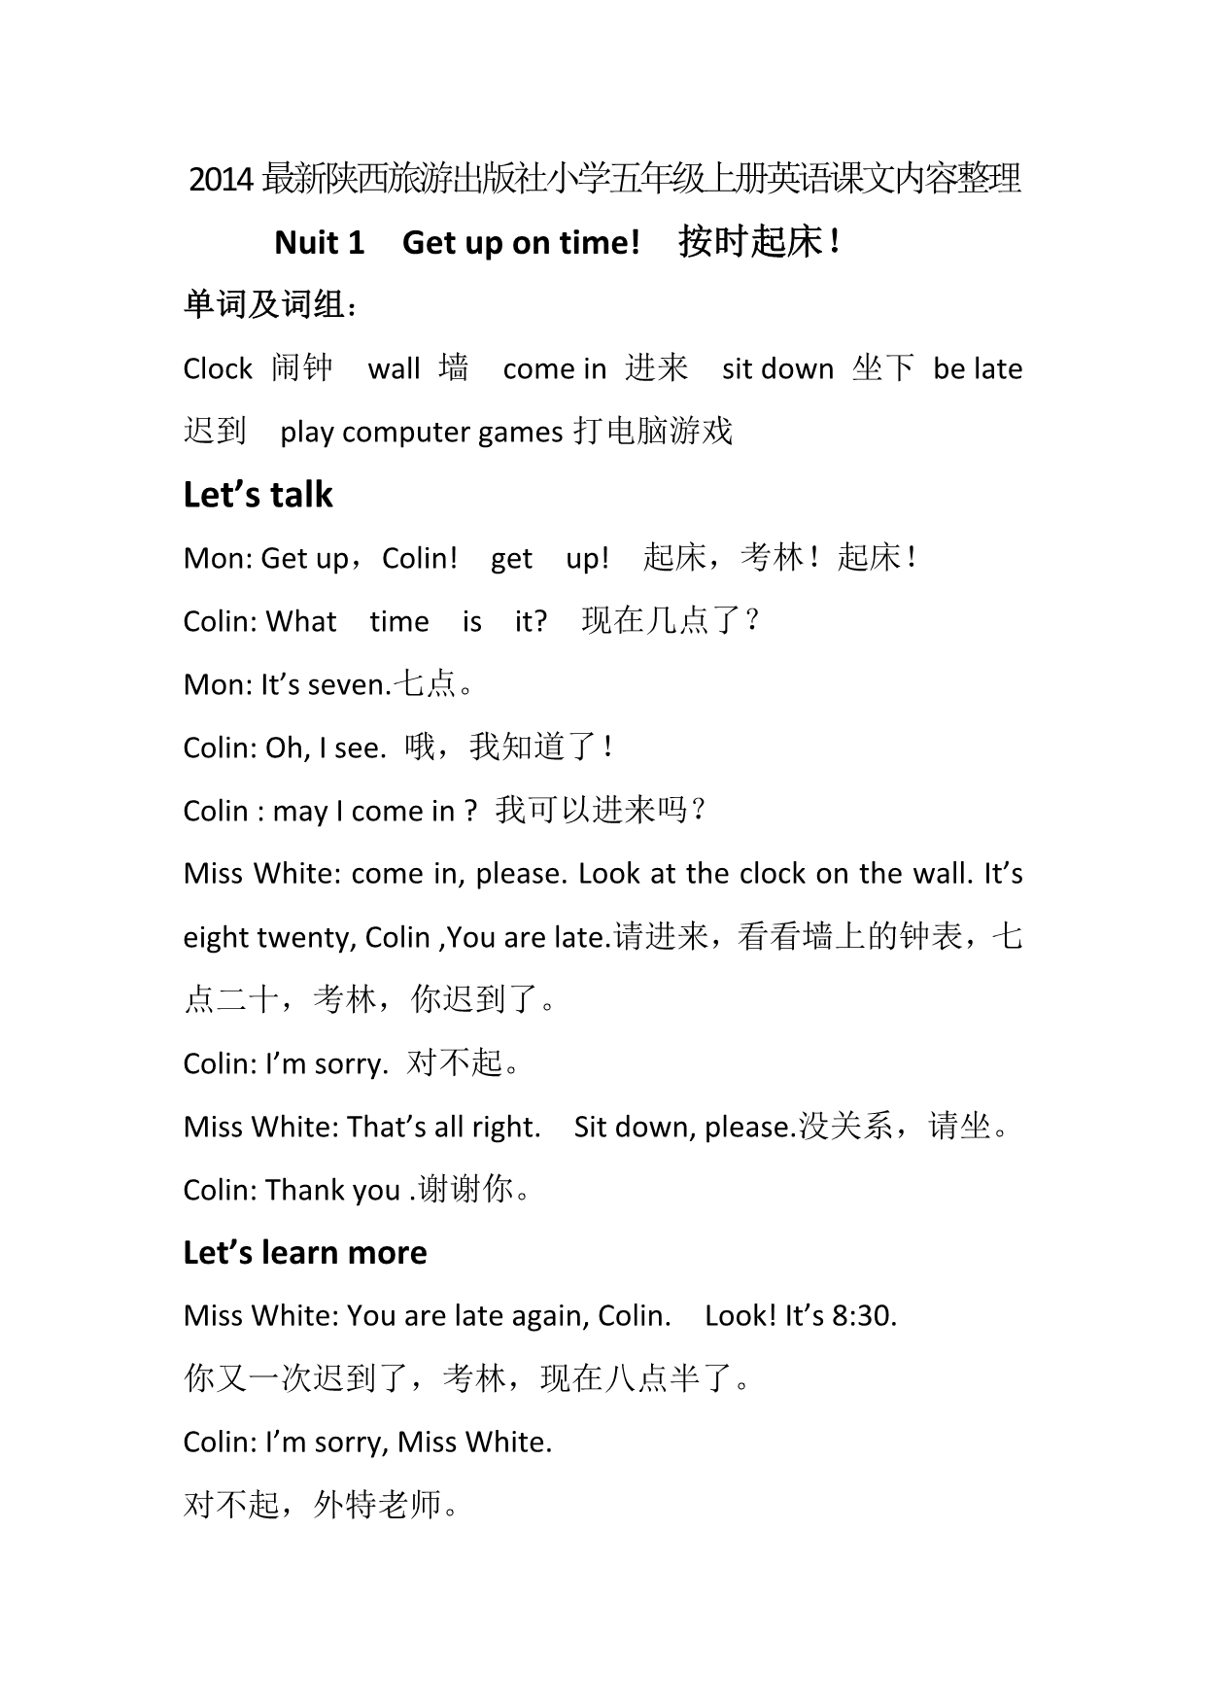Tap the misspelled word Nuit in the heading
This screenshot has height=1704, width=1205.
[x=306, y=242]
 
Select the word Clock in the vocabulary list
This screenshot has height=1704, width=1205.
[x=218, y=368]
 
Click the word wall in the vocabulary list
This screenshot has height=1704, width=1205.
[x=394, y=368]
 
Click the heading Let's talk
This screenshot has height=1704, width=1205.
[x=258, y=495]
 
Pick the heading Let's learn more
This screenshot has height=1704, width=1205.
[x=305, y=1252]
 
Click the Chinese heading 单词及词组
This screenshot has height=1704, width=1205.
[x=264, y=305]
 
